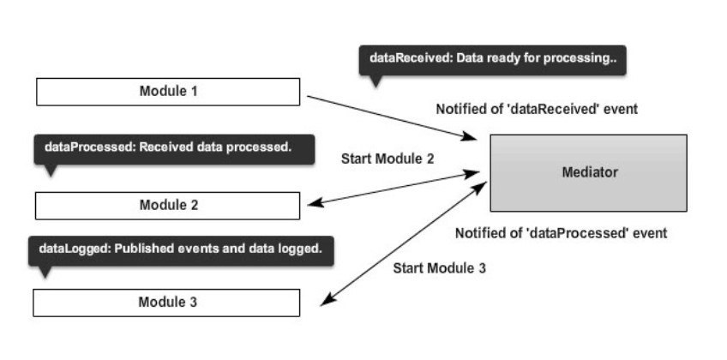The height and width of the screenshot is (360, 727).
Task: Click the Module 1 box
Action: (x=168, y=92)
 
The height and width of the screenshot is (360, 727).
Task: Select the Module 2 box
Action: (x=167, y=206)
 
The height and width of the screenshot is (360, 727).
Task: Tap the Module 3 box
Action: (x=166, y=303)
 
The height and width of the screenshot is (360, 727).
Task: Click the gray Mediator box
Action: (x=588, y=173)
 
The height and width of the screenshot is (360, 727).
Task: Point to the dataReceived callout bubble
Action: (x=492, y=60)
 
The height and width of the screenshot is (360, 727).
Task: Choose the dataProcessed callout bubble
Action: (x=174, y=150)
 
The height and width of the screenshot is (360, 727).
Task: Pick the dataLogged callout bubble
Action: (x=181, y=250)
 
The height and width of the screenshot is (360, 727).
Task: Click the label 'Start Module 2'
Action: (x=388, y=159)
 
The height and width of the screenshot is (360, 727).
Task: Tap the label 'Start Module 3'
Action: (x=440, y=268)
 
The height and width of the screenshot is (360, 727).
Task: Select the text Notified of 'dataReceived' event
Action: (x=537, y=110)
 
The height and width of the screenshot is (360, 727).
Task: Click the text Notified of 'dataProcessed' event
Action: (x=561, y=233)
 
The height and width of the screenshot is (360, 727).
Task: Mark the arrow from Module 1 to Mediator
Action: (x=392, y=117)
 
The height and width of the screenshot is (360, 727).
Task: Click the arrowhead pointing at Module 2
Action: (x=315, y=203)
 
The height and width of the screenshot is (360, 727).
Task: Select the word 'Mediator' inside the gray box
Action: (x=590, y=173)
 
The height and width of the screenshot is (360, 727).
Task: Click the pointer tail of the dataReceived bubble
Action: (x=376, y=81)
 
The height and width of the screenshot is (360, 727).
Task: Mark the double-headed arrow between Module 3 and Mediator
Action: (x=404, y=243)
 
